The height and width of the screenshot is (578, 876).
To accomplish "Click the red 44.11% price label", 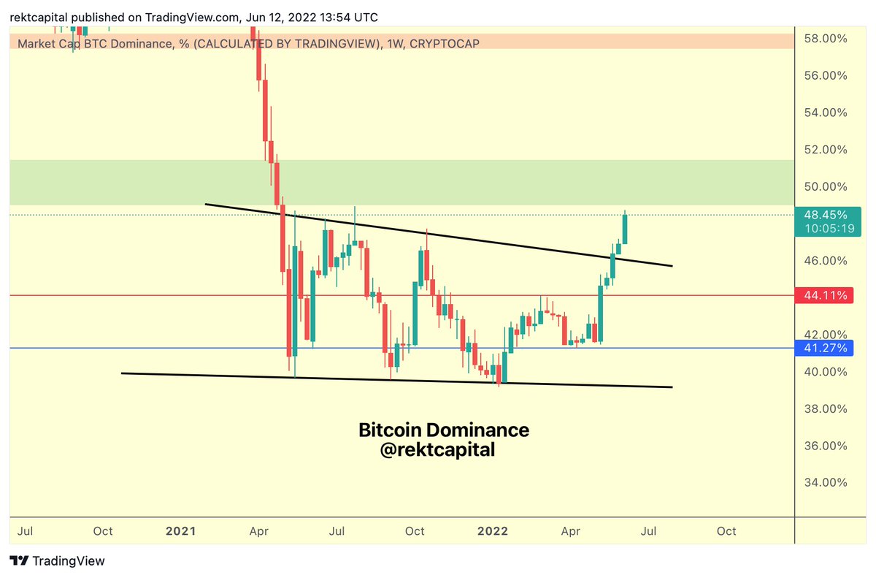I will [x=826, y=296].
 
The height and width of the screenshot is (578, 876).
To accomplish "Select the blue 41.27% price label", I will [x=826, y=349].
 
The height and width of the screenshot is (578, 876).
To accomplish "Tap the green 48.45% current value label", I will [x=826, y=215].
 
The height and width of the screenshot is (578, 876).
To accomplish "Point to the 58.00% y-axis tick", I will [x=826, y=38].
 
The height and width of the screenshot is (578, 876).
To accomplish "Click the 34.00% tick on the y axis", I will [x=826, y=482].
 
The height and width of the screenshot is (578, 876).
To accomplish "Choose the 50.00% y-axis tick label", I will [x=826, y=186].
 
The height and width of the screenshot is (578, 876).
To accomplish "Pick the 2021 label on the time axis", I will [x=180, y=531].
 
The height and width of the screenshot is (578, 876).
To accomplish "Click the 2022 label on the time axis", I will [x=492, y=531].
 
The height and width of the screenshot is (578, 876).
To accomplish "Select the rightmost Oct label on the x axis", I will [x=726, y=531].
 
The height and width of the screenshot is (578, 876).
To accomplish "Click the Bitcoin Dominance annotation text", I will [x=443, y=430].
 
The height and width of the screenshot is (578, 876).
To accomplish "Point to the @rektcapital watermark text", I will [x=437, y=451].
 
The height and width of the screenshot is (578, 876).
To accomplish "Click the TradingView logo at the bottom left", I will [x=58, y=561].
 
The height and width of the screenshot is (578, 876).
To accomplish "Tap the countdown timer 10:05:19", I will [x=826, y=229].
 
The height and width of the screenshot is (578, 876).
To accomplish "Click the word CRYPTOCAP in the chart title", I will [x=445, y=45].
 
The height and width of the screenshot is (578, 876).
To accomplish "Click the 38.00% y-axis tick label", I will [x=826, y=408].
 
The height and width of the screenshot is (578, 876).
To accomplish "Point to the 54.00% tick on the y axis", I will [x=826, y=113].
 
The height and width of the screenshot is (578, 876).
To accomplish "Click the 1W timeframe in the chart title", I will [x=392, y=45].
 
